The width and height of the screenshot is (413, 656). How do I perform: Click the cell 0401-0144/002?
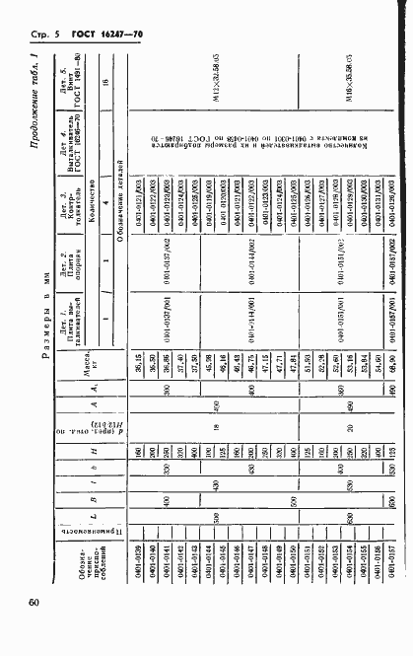(x=269, y=428)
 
